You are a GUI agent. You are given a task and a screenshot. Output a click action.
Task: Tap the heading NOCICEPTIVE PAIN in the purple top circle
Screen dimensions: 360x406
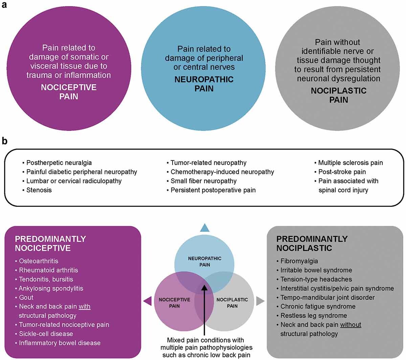pyautogui.click(x=69, y=92)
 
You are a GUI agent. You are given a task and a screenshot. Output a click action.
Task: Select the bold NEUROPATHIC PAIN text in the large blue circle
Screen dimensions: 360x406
pyautogui.click(x=204, y=84)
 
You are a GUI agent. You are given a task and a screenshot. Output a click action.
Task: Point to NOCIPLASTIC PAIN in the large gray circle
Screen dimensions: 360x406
pyautogui.click(x=338, y=95)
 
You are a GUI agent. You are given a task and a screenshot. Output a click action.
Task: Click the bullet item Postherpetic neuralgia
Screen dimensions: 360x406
pyautogui.click(x=59, y=163)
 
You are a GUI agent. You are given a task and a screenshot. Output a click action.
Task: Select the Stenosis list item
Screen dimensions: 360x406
pyautogui.click(x=39, y=190)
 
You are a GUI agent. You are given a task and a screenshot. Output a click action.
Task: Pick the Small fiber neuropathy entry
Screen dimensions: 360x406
pyautogui.click(x=203, y=181)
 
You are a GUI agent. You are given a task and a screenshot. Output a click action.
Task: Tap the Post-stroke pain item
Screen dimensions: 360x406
pyautogui.click(x=342, y=172)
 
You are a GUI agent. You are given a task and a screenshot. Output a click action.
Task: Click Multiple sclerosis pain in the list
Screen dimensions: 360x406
pyautogui.click(x=350, y=163)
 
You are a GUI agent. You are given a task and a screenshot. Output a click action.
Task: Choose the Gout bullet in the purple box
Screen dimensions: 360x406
pyautogui.click(x=26, y=297)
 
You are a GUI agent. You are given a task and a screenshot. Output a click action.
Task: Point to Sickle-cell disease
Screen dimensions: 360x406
pyautogui.click(x=46, y=334)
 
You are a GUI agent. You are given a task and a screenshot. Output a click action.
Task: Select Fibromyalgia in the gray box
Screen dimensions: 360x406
pyautogui.click(x=299, y=261)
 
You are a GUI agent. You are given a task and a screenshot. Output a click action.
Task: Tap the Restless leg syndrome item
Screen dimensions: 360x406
pyautogui.click(x=314, y=315)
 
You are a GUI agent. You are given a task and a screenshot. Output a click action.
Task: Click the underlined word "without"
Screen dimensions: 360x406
pyautogui.click(x=351, y=324)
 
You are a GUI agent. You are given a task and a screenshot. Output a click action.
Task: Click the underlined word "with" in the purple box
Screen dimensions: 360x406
pyautogui.click(x=84, y=307)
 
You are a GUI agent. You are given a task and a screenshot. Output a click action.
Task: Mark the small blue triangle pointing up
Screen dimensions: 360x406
pyautogui.click(x=204, y=228)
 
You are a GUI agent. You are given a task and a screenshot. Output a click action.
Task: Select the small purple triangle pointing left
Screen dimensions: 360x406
pyautogui.click(x=148, y=301)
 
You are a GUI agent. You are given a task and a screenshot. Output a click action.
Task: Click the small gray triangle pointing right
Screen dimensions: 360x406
pyautogui.click(x=260, y=301)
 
